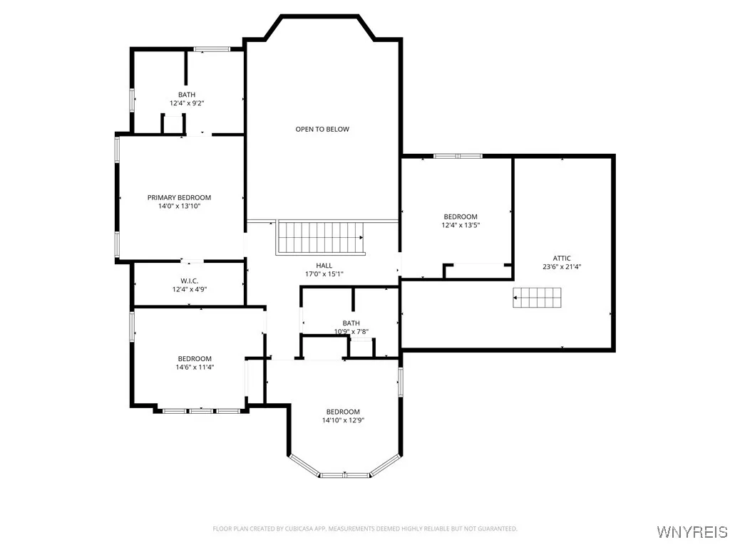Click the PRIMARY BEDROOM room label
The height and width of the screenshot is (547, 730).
(x=179, y=197)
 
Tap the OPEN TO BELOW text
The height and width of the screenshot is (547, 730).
(x=322, y=129)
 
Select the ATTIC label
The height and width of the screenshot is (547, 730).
(x=562, y=259)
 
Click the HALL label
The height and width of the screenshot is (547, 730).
(x=324, y=265)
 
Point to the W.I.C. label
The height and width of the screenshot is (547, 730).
(x=189, y=280)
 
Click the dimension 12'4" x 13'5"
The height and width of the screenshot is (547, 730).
(x=461, y=225)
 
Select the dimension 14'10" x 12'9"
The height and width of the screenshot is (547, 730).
(x=343, y=420)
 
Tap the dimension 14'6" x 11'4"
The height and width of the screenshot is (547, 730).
(x=195, y=368)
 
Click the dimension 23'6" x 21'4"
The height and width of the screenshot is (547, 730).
(x=562, y=267)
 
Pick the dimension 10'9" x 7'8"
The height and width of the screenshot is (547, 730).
(x=351, y=331)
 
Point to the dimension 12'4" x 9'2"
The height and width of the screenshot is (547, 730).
(x=187, y=103)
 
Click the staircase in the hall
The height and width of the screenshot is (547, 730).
(x=320, y=236)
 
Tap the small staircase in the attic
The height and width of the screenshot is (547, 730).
(x=538, y=298)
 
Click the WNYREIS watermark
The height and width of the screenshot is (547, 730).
(x=692, y=532)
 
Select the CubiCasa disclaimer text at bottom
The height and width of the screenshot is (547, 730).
(x=365, y=528)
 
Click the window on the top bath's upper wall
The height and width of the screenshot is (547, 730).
(x=212, y=48)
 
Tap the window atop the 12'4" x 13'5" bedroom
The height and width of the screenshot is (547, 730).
(x=458, y=155)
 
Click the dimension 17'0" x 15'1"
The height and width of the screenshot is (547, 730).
(x=324, y=273)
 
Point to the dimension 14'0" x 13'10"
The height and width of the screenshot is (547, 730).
(x=179, y=206)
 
